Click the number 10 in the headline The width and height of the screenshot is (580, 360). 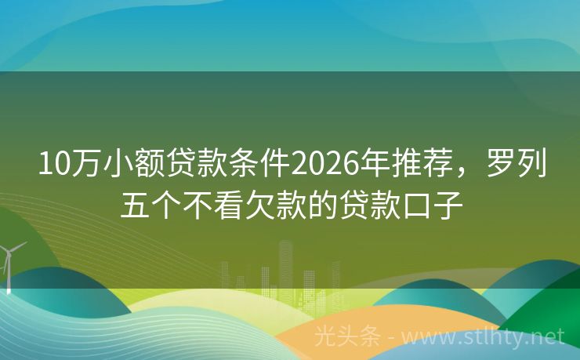coord(52,165)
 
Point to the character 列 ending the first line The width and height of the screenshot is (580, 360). coord(533,165)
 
